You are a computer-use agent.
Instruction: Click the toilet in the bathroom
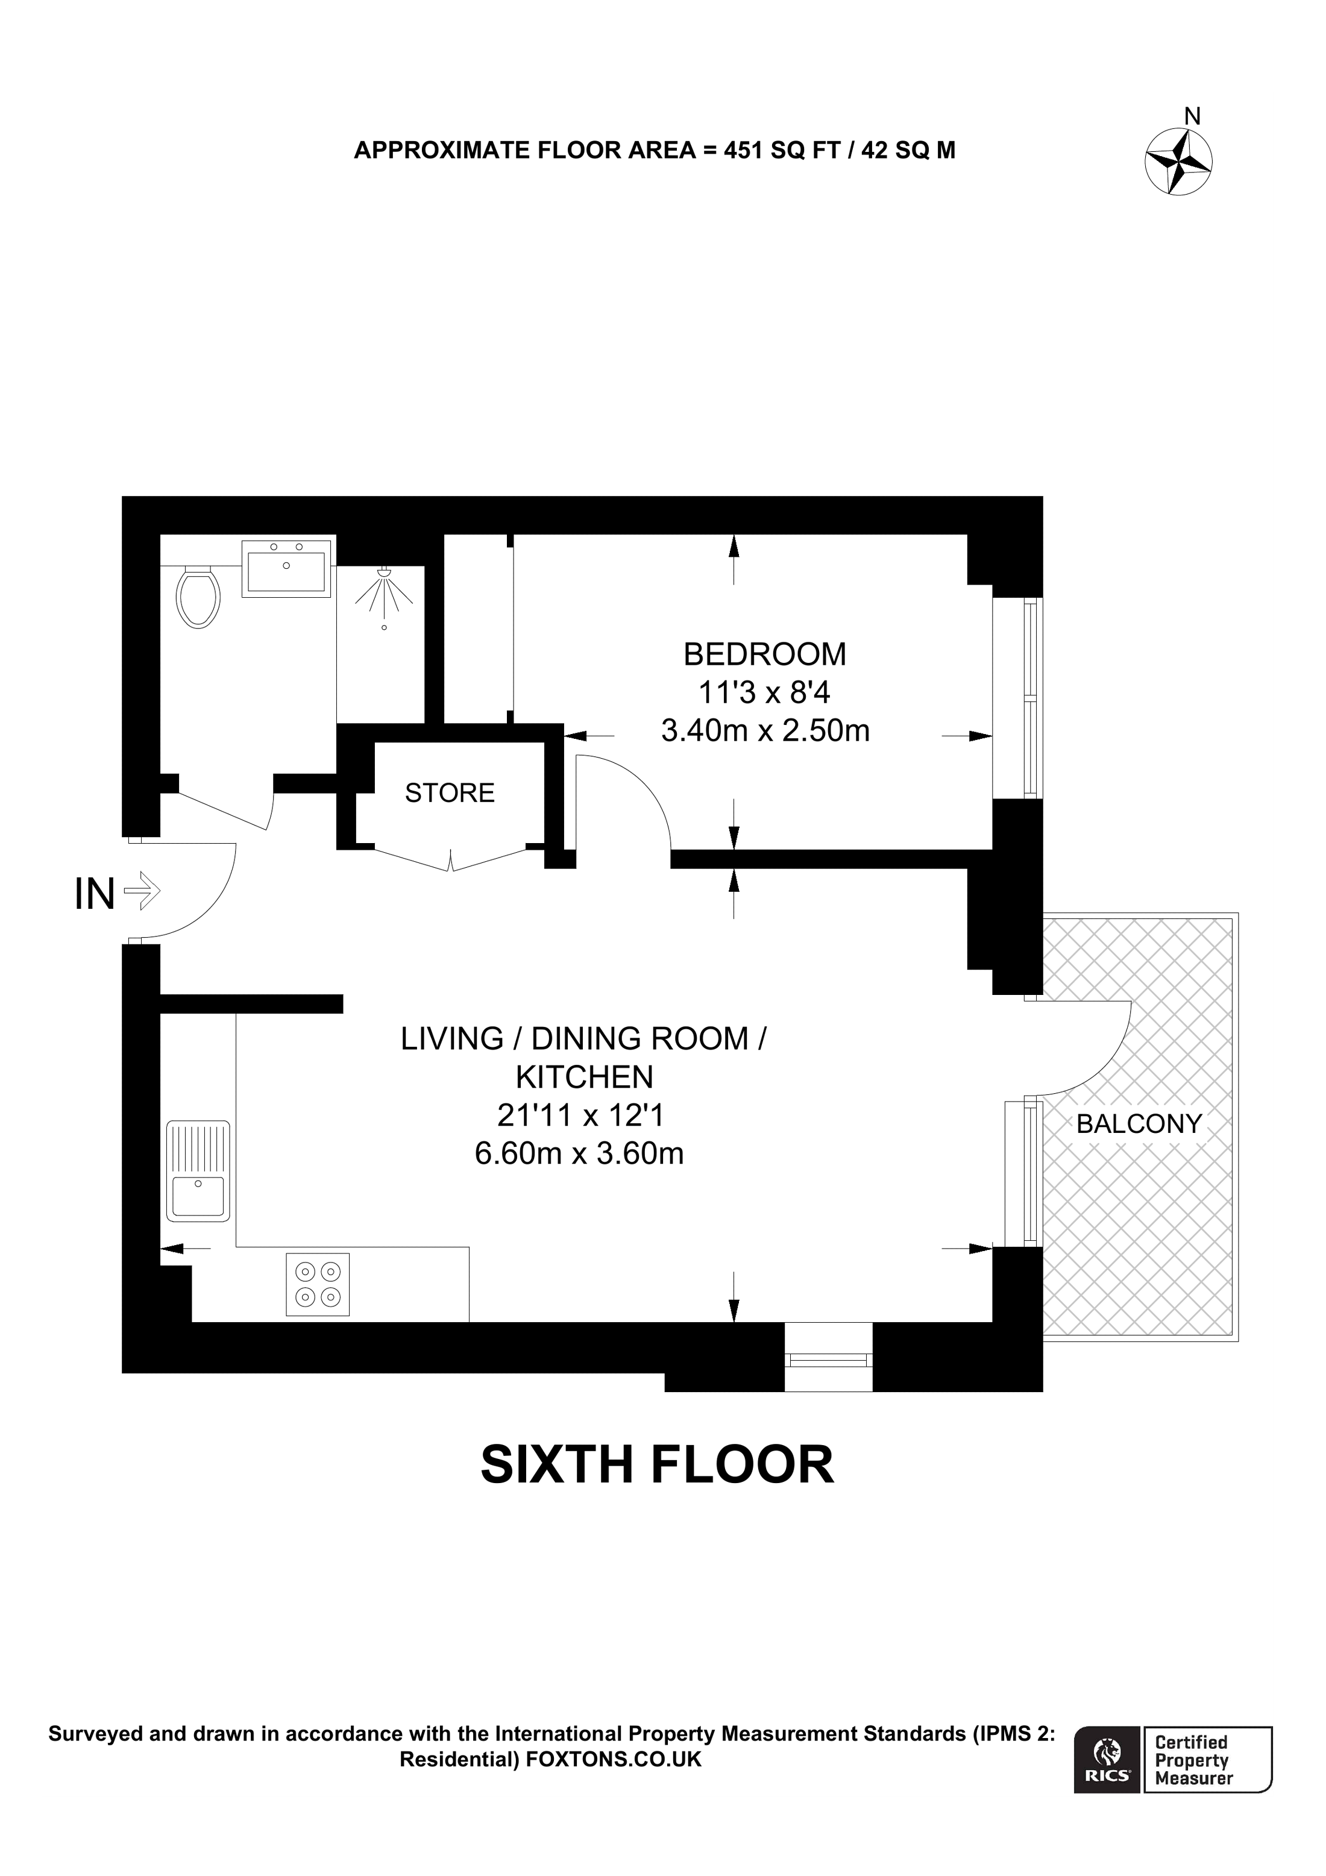pyautogui.click(x=198, y=597)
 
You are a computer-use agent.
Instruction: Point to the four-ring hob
pyautogui.click(x=318, y=1284)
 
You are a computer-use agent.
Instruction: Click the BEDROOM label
pyautogui.click(x=765, y=654)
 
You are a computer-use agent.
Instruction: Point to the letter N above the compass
pyautogui.click(x=1192, y=117)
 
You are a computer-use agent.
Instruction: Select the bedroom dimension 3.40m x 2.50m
pyautogui.click(x=765, y=730)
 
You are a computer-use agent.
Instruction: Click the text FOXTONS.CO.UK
pyautogui.click(x=614, y=1760)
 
